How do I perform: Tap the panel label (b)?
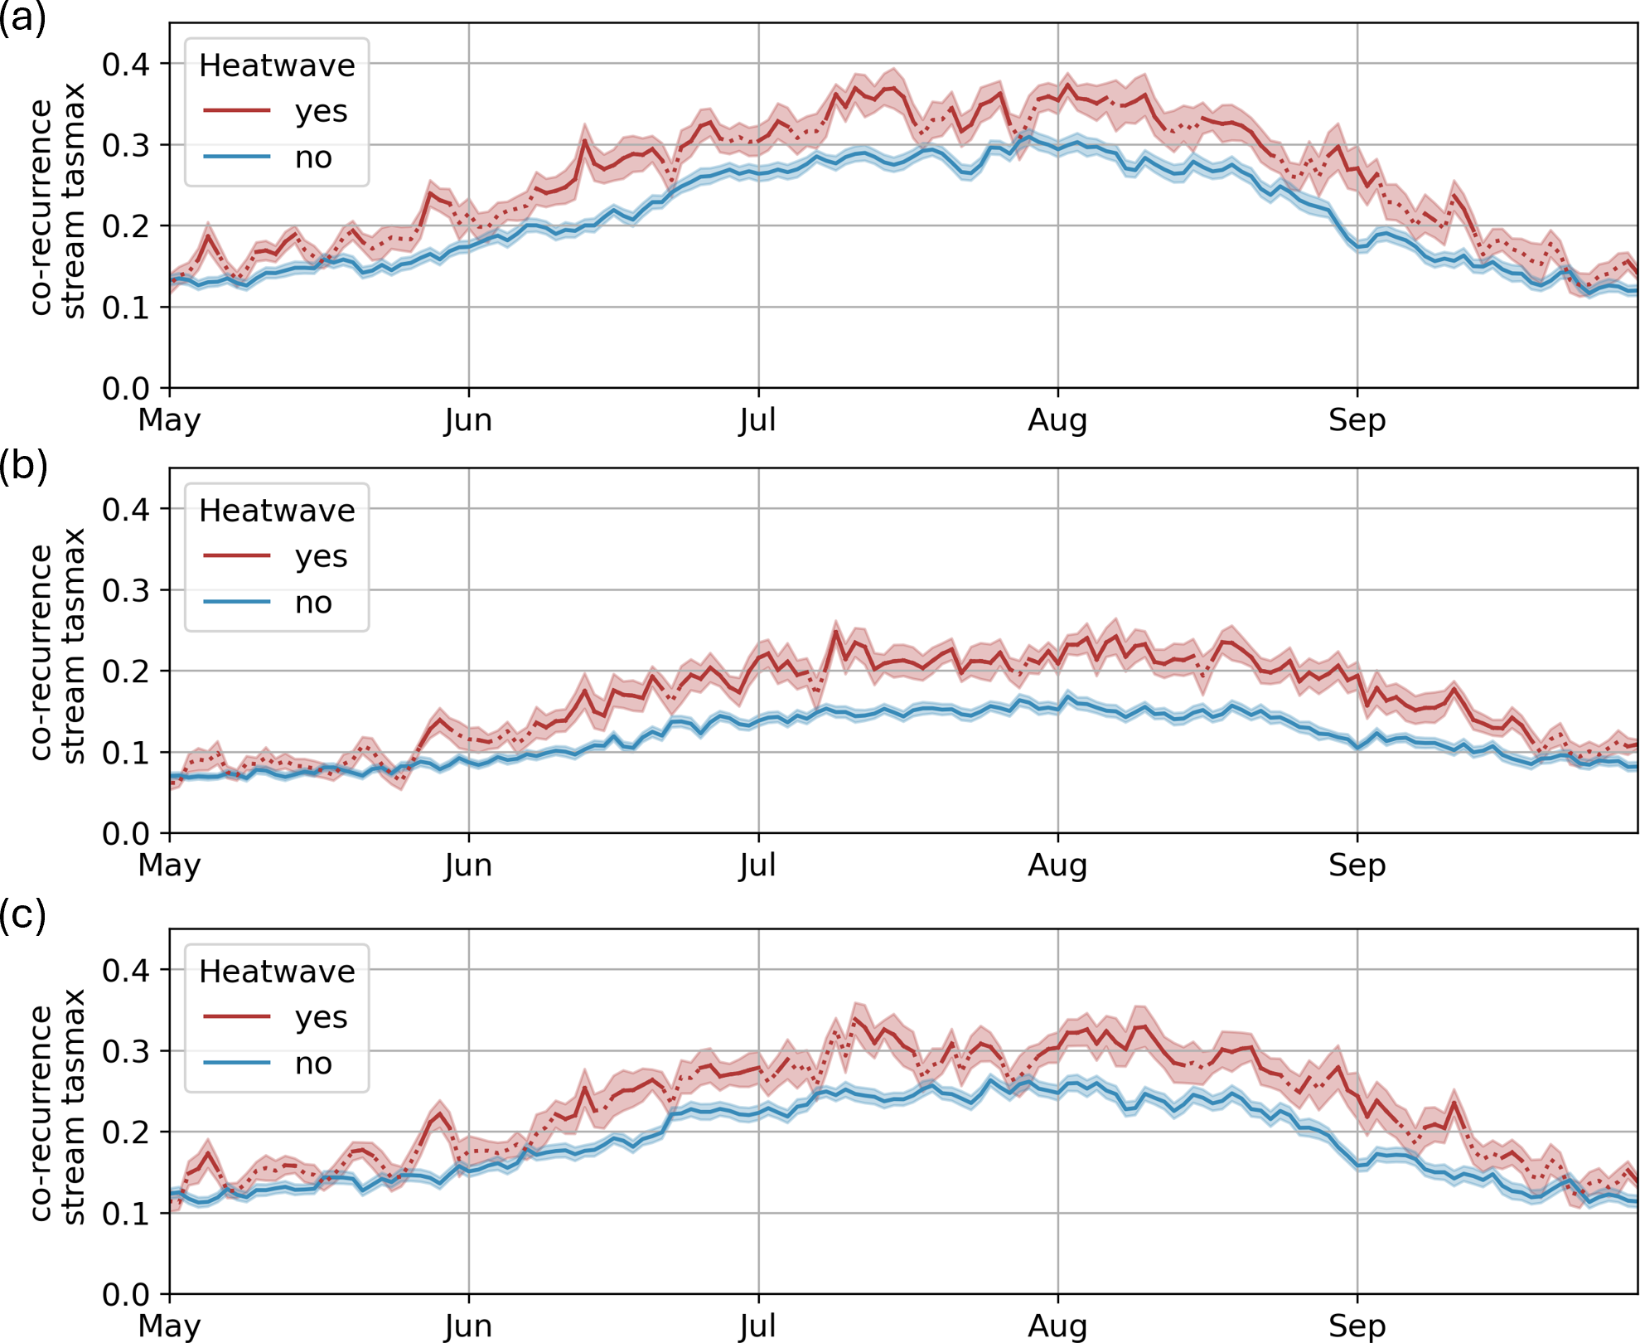(22, 466)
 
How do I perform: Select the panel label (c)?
(22, 914)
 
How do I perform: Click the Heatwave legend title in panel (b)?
(277, 511)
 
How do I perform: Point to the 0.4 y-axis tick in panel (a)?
(125, 65)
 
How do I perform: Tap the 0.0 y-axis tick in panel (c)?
(125, 1294)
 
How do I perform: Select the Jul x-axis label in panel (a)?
(757, 420)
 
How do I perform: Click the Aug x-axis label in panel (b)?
(1057, 865)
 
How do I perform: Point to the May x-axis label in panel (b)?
(169, 865)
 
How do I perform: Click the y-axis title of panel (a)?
(58, 201)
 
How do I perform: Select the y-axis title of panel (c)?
(58, 1107)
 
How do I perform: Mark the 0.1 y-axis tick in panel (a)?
(125, 308)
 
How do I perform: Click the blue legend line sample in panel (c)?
(237, 1063)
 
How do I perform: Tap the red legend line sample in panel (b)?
(237, 555)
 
